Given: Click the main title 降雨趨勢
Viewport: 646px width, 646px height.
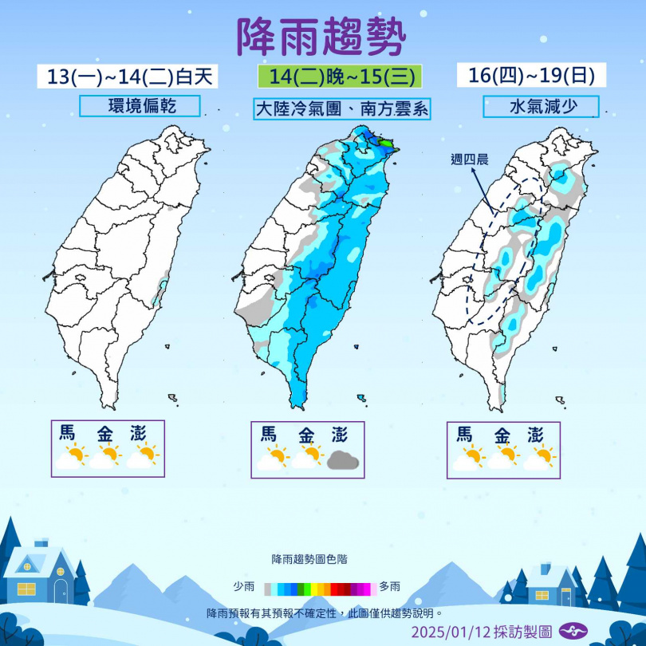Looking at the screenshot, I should coord(322,36).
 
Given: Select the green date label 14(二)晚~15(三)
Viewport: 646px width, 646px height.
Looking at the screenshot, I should coord(339,77).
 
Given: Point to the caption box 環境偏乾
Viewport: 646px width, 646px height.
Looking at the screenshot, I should coord(140,105).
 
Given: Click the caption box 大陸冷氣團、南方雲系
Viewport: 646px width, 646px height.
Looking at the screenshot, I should coord(342,108).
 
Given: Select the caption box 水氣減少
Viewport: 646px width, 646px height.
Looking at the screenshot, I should coord(541,106).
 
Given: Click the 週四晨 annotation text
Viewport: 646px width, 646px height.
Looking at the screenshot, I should coord(469,159).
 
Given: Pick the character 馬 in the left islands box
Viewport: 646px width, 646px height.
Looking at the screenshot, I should coord(68,433).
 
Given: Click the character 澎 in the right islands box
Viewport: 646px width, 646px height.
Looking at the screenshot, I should coord(536,435).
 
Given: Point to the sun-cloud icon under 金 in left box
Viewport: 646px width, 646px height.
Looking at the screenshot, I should coord(106,457).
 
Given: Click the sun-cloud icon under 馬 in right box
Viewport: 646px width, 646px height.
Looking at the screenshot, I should coord(469,459).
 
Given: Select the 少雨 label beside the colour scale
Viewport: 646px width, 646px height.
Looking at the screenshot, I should coord(243,587).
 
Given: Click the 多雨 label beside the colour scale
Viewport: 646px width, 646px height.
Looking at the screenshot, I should coord(390,587).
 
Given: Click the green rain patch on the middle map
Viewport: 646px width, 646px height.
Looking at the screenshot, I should coord(387,144).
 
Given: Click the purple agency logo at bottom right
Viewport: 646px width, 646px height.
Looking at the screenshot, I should coord(573,631).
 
